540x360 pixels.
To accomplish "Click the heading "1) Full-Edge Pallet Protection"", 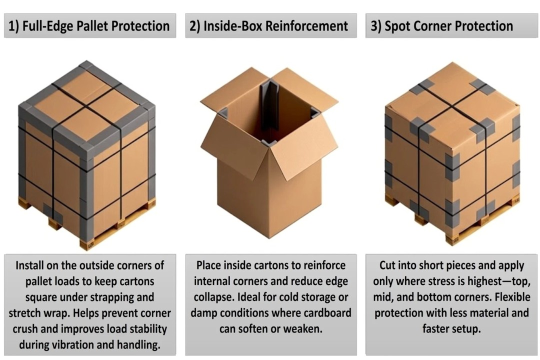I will coord(89,26).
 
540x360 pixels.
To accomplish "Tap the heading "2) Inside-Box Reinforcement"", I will coord(268,26).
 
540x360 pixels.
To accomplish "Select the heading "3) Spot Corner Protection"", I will coord(441,26).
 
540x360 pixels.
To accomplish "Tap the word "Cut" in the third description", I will coord(389,265).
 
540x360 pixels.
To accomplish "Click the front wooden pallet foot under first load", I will coord(86,244).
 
